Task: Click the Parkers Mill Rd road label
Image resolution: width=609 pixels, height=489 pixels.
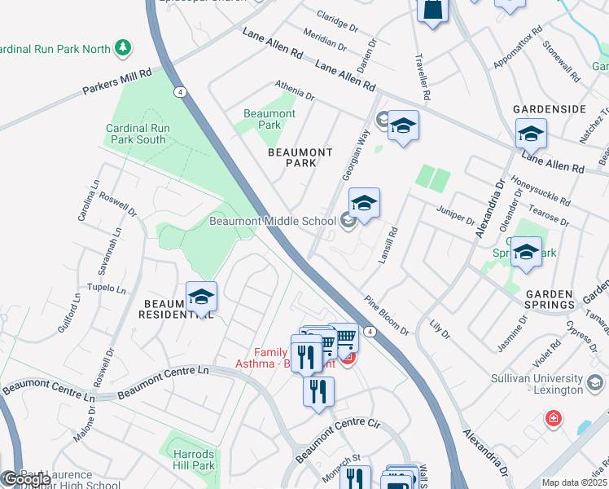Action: [x=118, y=82]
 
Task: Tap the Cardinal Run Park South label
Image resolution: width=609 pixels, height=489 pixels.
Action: [x=136, y=134]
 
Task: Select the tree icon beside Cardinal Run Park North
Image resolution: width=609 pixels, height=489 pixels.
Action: [x=123, y=48]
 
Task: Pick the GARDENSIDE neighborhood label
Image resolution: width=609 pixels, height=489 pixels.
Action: [x=549, y=108]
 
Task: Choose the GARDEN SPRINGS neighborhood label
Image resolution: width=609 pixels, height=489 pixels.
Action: [x=550, y=299]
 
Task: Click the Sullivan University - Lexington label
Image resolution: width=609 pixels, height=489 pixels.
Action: [x=549, y=385]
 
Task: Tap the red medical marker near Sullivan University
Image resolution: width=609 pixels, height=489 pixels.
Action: [x=554, y=419]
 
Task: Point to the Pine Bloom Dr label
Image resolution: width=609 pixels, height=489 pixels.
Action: [x=387, y=315]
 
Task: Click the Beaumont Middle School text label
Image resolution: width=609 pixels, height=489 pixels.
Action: [x=272, y=221]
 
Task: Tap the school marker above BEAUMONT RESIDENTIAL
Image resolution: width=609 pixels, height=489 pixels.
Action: [x=200, y=297]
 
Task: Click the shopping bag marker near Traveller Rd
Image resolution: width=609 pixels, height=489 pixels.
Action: [x=432, y=9]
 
